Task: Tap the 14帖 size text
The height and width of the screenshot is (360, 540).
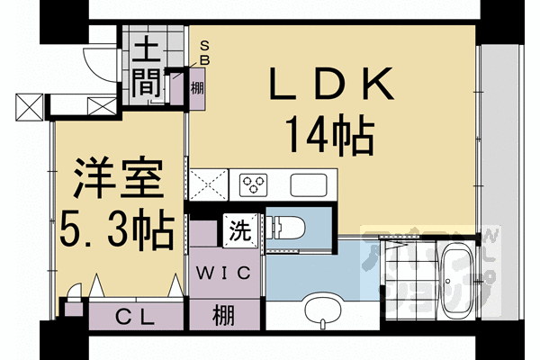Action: [330, 137]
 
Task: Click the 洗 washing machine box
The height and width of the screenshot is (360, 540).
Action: [241, 229]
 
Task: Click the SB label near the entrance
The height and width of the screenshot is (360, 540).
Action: [206, 51]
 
